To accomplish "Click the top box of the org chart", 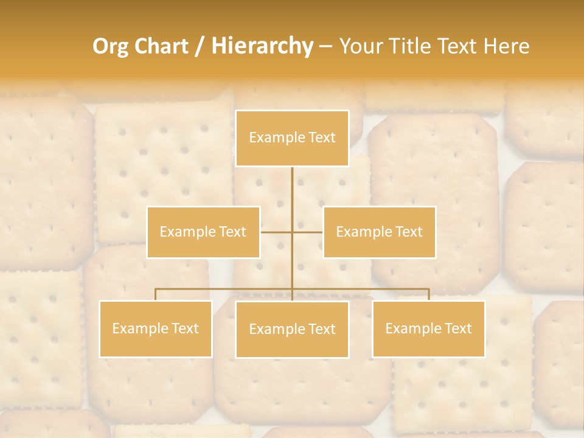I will point(292,138).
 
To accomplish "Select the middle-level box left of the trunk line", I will point(203,232).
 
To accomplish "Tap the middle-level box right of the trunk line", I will point(379,232).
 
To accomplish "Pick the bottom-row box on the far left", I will point(156,328).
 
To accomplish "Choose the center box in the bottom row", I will point(292,329).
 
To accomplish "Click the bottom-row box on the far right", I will point(428,328).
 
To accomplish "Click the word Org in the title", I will point(111,46).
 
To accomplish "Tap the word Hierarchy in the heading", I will point(262,46).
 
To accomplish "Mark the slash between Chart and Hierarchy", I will point(200,46).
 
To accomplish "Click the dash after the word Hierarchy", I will point(325,46).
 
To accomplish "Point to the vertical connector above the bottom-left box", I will point(156,294).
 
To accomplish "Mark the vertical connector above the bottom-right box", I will point(429,294).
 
